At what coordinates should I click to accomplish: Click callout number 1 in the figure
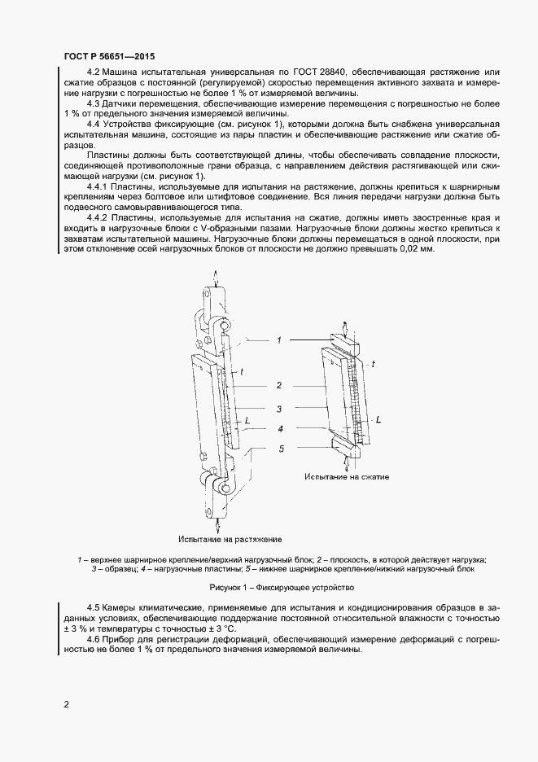coord(278,339)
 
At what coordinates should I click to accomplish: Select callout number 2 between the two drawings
coord(278,385)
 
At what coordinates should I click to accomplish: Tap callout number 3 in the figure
coord(278,409)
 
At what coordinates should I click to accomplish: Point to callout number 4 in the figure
coord(278,428)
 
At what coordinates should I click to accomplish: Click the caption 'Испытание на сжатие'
coord(348,475)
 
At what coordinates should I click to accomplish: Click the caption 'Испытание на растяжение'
coord(230,539)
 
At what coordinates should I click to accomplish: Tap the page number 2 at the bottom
coord(66,703)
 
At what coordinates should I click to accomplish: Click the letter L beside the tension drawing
coord(247,421)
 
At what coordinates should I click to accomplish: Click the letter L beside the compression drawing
coord(378,419)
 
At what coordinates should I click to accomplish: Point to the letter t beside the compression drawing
coord(373,365)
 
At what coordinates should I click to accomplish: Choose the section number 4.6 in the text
coord(94,640)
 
